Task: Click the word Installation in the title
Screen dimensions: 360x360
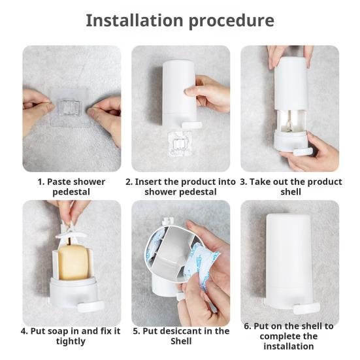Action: (x=135, y=20)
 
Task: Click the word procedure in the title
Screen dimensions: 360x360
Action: (x=231, y=22)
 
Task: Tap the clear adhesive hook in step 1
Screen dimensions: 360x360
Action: (x=69, y=107)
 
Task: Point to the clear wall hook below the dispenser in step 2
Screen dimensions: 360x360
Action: (x=180, y=144)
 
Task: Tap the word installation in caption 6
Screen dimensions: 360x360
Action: (x=289, y=346)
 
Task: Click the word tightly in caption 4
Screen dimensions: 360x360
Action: (x=71, y=342)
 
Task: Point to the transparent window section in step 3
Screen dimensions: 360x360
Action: (x=291, y=121)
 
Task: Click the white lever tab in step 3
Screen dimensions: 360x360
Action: (x=303, y=152)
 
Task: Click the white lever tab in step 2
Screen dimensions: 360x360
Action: (x=192, y=125)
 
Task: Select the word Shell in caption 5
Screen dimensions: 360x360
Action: (x=181, y=341)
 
